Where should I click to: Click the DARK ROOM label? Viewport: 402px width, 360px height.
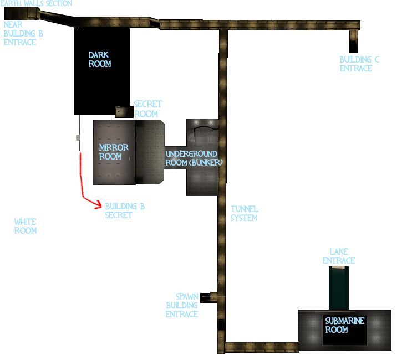100,59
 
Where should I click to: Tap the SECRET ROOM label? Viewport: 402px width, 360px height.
148,109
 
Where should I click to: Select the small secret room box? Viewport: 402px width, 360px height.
124,112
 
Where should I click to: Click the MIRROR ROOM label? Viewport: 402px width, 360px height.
114,152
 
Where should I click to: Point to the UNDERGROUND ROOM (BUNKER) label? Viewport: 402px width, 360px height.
194,158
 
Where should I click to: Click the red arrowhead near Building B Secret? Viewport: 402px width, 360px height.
99,204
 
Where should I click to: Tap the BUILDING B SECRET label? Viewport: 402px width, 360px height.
125,210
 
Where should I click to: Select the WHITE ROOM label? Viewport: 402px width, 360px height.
26,226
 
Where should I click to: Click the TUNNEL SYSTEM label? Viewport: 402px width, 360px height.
245,214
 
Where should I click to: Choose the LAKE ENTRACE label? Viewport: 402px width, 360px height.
339,256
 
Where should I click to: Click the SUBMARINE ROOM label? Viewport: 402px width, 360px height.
344,325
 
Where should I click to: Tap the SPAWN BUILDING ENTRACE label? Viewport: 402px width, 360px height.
182,305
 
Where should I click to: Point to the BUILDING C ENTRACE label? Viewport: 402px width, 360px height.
359,64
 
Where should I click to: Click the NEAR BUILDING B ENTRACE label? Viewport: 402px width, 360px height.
23,34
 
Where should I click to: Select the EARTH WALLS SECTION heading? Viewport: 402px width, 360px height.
36,3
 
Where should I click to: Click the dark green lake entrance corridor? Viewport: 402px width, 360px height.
339,288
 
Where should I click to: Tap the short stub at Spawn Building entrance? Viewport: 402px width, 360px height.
208,297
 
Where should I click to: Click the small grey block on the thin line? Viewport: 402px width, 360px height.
78,138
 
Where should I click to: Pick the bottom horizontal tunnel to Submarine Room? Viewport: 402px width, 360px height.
262,347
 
